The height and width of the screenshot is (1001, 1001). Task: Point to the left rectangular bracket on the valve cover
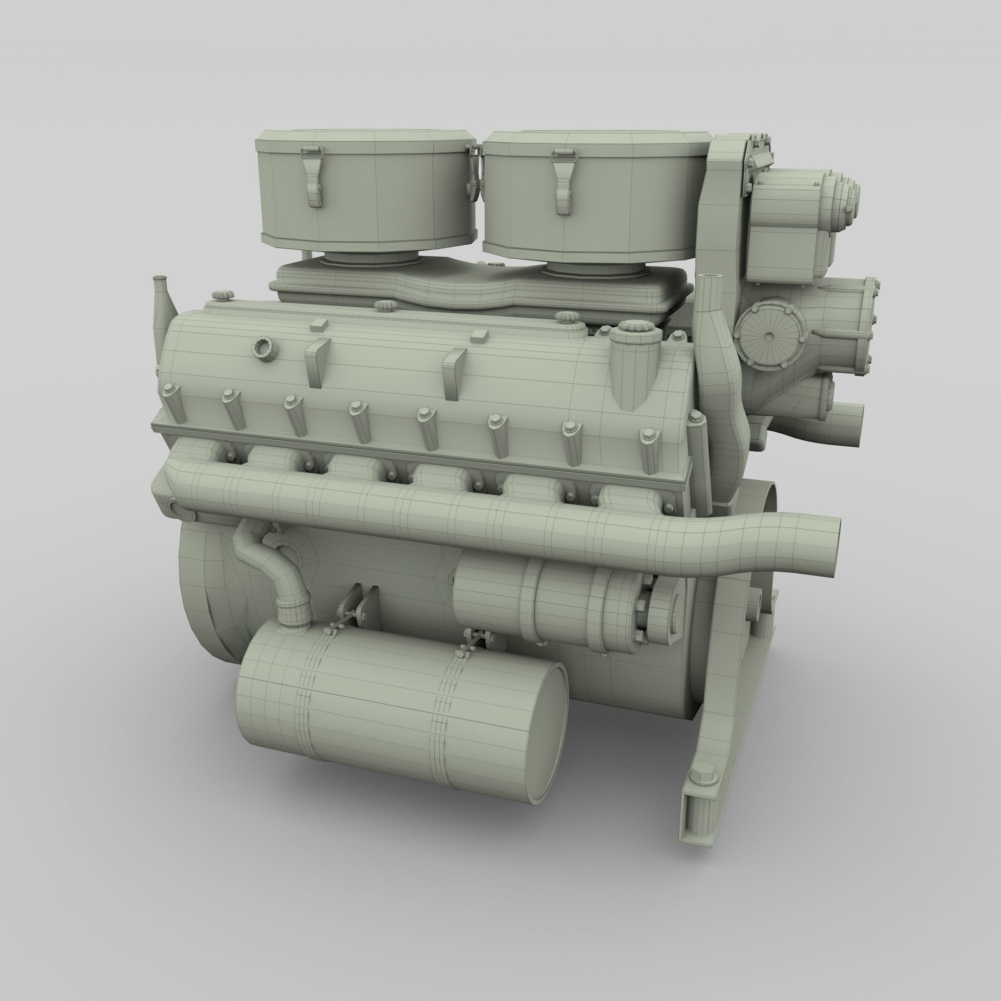(317, 363)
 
